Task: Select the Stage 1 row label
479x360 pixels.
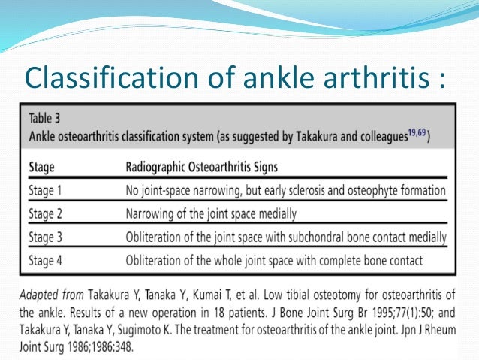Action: [50, 190]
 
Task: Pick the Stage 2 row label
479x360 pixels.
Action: [50, 213]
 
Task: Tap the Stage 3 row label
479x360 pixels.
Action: [50, 237]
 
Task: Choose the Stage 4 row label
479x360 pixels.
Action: [50, 261]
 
